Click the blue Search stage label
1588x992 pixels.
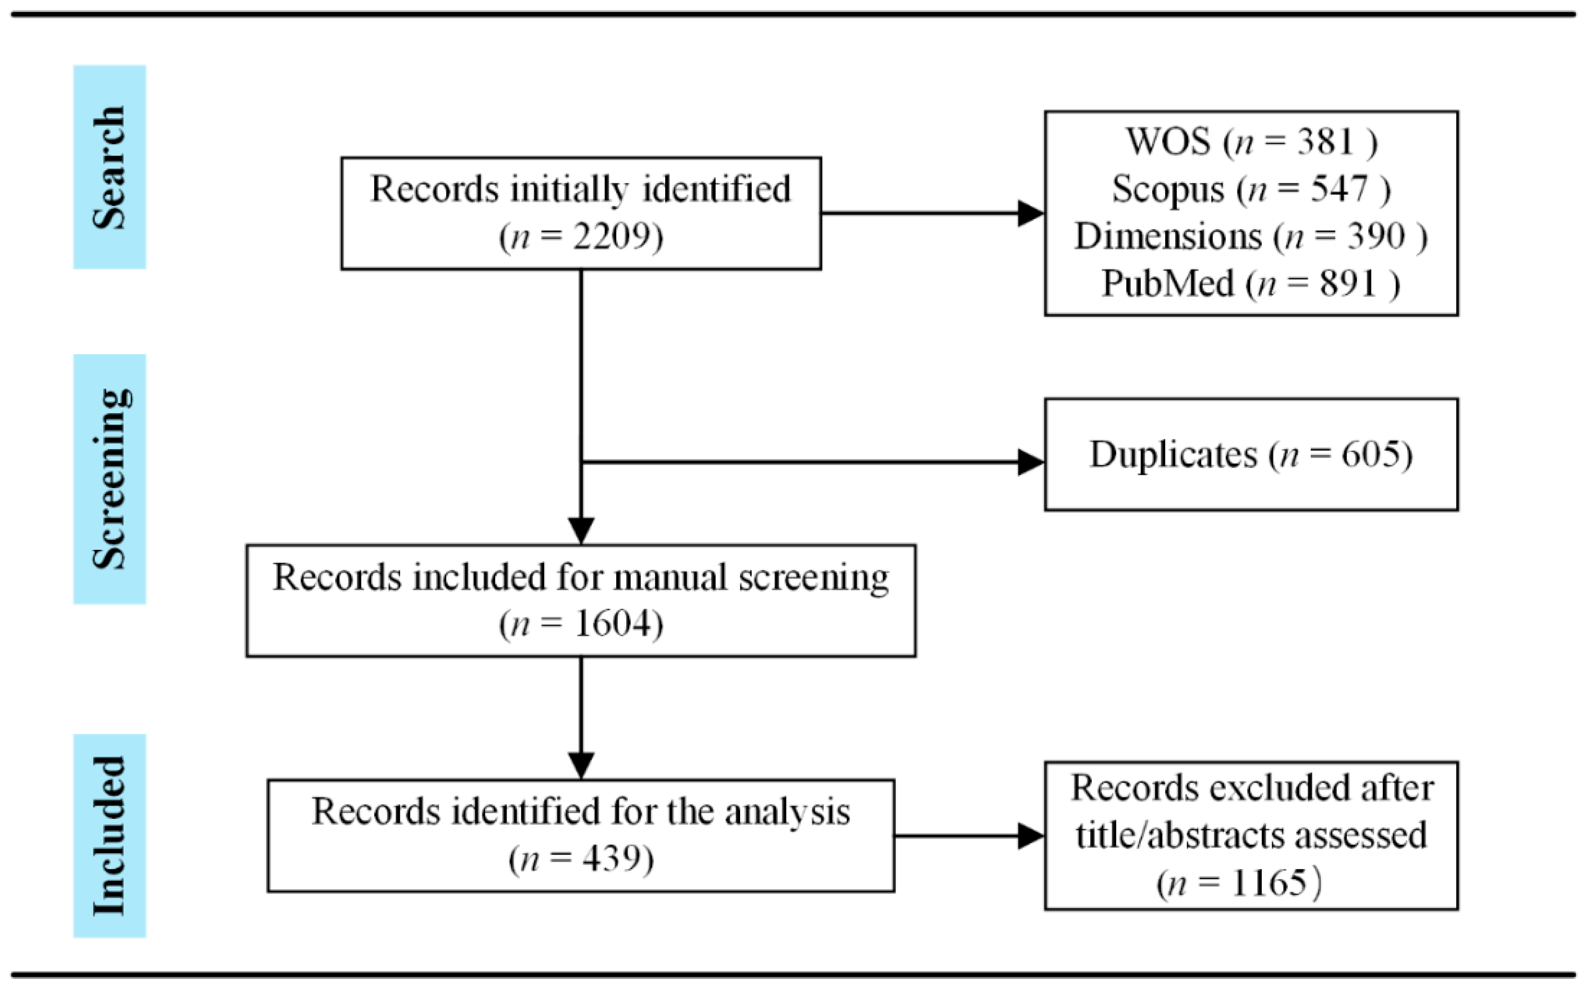pyautogui.click(x=109, y=167)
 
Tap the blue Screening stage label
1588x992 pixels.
pyautogui.click(x=109, y=479)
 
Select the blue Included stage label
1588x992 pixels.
pyautogui.click(x=109, y=835)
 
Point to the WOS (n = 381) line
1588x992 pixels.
pyautogui.click(x=1251, y=141)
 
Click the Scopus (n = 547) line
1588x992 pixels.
pyautogui.click(x=1251, y=189)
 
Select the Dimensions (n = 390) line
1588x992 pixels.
pyautogui.click(x=1251, y=236)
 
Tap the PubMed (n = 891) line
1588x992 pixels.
pyautogui.click(x=1251, y=283)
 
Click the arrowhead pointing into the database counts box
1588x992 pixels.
pyautogui.click(x=1030, y=213)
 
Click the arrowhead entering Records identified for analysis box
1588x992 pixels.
pyautogui.click(x=581, y=765)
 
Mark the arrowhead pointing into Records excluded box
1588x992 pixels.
pyautogui.click(x=1030, y=836)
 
